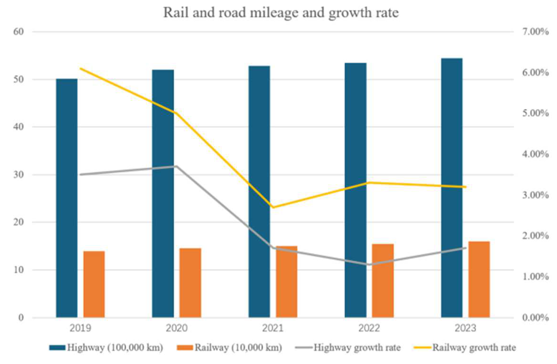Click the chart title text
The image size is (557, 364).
tap(281, 13)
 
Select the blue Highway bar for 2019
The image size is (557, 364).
tap(67, 198)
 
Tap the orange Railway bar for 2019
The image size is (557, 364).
tap(94, 284)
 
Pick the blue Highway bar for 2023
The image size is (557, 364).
tap(452, 188)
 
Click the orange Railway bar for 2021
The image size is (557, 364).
tap(287, 282)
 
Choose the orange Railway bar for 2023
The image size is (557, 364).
tap(479, 279)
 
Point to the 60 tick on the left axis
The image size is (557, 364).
tap(18, 32)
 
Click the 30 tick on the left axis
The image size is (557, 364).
tap(18, 175)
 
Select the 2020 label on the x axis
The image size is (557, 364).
tap(177, 328)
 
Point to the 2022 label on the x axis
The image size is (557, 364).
tap(369, 328)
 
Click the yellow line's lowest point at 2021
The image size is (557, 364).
tap(273, 207)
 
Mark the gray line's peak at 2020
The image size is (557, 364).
tap(177, 166)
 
